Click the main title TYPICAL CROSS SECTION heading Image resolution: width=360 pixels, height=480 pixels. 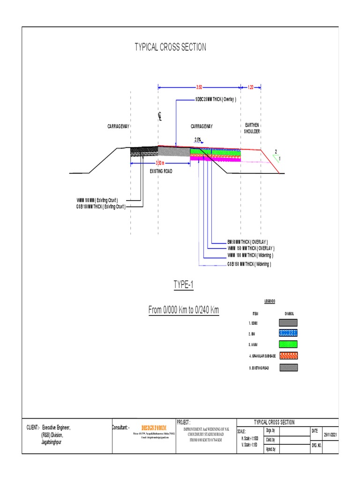tap(170, 47)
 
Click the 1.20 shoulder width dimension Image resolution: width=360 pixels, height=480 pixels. tap(250, 87)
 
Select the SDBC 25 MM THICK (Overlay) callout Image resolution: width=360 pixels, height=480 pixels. tap(215, 100)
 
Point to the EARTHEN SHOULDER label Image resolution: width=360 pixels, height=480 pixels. tap(252, 128)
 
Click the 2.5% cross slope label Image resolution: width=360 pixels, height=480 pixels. tap(198, 139)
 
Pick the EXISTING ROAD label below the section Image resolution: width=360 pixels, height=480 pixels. tap(161, 172)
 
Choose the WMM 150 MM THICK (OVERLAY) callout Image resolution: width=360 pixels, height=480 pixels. tap(251, 248)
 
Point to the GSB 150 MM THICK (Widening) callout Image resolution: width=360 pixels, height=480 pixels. tap(249, 264)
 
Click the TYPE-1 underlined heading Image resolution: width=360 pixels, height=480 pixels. tap(183, 285)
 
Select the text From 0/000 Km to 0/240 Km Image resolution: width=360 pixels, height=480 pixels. tap(183, 310)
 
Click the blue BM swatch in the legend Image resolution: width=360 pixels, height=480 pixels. tap(288, 333)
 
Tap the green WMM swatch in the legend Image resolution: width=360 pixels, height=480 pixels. tap(288, 345)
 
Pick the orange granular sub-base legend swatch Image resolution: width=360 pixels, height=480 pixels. tap(288, 356)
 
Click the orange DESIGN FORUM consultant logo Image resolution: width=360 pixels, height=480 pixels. tap(154, 428)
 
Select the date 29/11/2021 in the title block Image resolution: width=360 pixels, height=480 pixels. tap(330, 435)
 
